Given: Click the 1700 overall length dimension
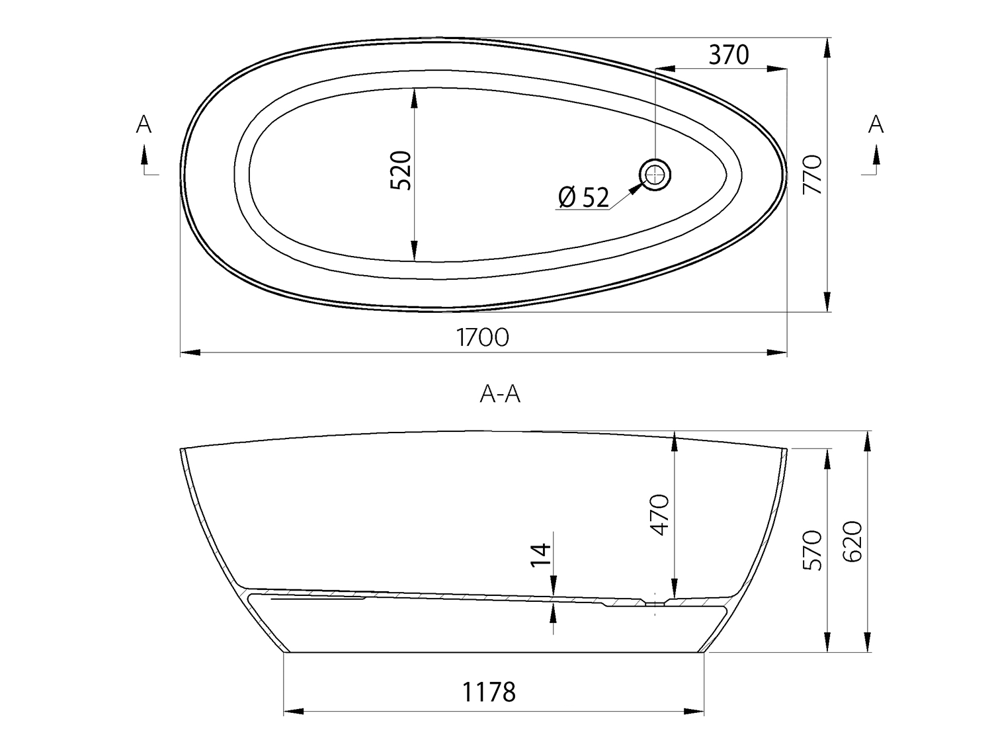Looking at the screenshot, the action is point(482,337).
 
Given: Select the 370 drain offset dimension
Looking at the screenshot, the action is point(729,55).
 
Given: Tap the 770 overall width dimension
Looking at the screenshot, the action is point(812,175).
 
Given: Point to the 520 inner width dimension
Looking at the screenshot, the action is point(400,171).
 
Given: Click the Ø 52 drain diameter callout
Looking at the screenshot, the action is point(583,198).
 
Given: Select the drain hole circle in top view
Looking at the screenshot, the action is point(655,175).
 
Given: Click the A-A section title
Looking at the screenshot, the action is point(500,394).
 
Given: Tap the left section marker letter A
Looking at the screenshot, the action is point(144,124).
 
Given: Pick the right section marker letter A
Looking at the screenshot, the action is point(876,124).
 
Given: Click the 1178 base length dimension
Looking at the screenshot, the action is point(489,692).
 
